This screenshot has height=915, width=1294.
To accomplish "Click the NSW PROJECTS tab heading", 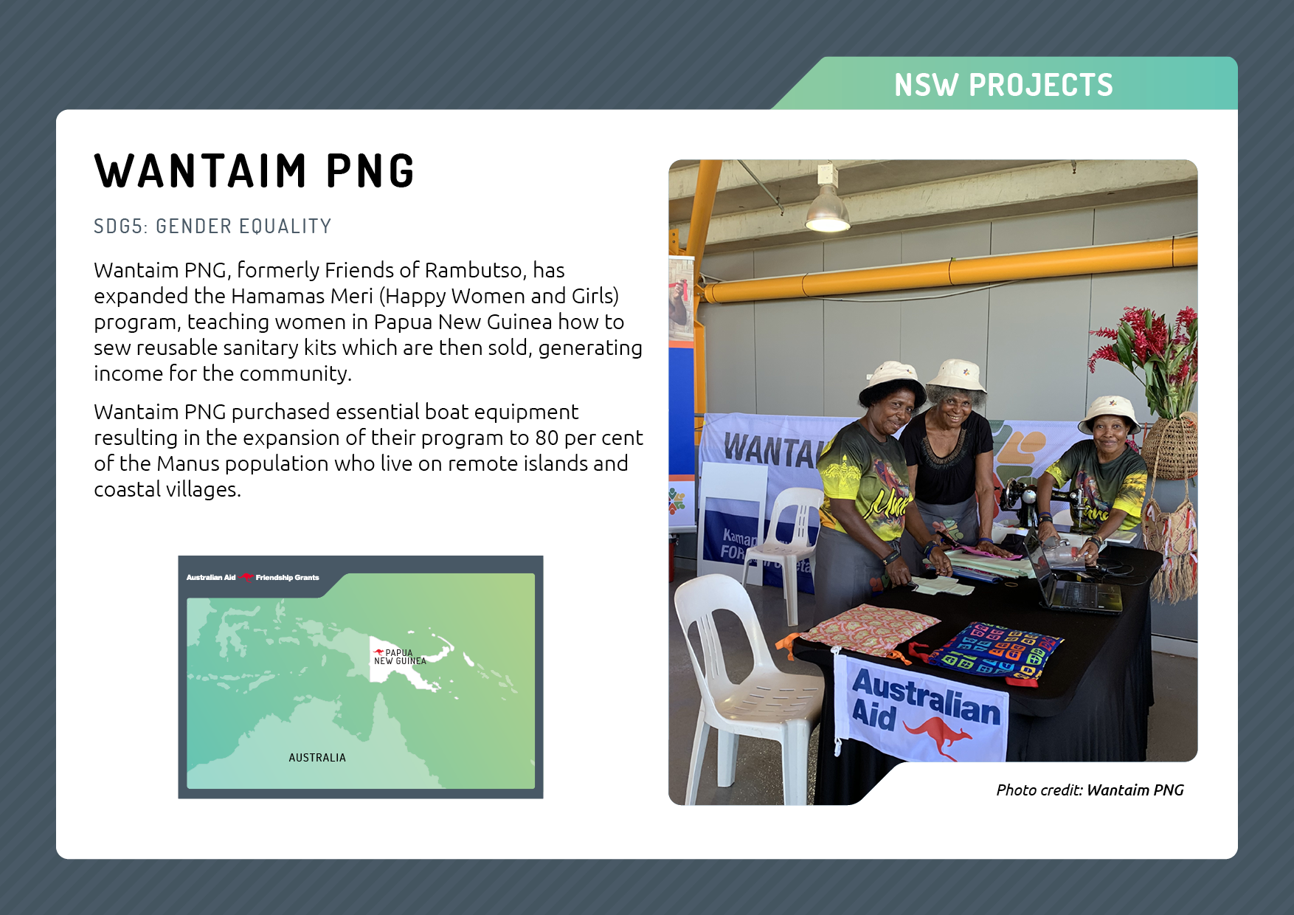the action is [x=1003, y=85].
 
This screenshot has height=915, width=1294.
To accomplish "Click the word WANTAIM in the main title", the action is [x=201, y=171].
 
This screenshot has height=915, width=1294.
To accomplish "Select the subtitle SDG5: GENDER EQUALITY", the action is [x=212, y=226].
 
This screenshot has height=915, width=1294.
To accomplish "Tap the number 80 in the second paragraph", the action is [x=547, y=438].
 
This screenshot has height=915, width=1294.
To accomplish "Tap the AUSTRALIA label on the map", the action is [x=317, y=758].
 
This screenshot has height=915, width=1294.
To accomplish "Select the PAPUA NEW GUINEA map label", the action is [x=401, y=657].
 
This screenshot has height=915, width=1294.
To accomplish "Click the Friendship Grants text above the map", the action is [x=288, y=578].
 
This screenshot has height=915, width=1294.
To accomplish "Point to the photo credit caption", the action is [x=1090, y=790].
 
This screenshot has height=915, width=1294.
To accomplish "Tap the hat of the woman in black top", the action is [x=956, y=376].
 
